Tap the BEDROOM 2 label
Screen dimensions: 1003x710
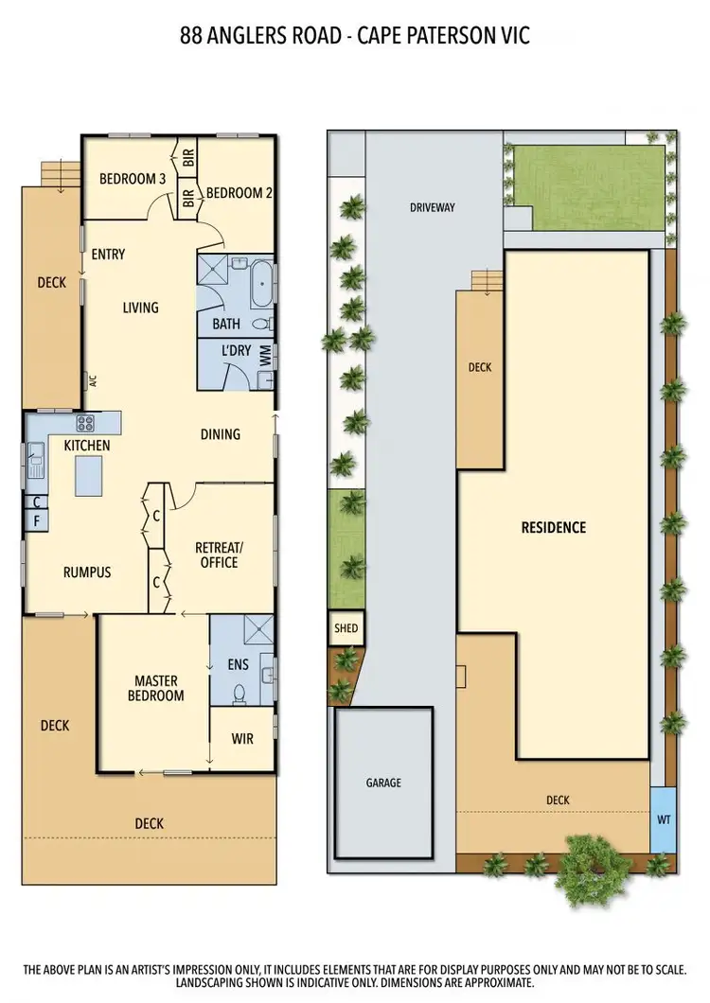tap(240, 193)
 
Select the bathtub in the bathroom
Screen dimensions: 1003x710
tap(261, 285)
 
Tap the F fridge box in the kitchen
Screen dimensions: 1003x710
tap(35, 519)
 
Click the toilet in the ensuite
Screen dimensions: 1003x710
tap(239, 694)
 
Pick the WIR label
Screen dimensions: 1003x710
tap(242, 738)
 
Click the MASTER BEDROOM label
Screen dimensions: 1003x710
tap(157, 688)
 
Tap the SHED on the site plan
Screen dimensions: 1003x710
tap(346, 627)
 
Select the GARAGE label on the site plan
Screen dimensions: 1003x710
tap(383, 783)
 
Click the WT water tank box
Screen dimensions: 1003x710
tap(663, 819)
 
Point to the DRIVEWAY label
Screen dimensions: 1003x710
tap(433, 207)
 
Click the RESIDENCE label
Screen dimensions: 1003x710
tap(554, 528)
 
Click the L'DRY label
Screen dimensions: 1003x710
tap(236, 351)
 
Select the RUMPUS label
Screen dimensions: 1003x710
tap(87, 572)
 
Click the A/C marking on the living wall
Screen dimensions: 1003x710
tap(93, 382)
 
